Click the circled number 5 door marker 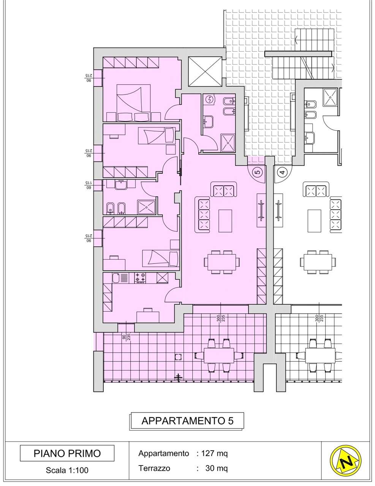[258, 172]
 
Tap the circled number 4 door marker [282, 172]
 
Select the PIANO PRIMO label [67, 453]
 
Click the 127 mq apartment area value [214, 453]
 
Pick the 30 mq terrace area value [216, 468]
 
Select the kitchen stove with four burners [140, 278]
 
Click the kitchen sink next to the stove [120, 278]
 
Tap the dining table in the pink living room [222, 262]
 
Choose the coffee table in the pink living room [225, 221]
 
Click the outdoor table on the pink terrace [218, 355]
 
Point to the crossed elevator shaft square [205, 71]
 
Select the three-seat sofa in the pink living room [203, 215]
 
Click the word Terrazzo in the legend [154, 468]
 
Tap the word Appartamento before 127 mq [163, 454]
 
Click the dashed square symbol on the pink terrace [178, 357]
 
